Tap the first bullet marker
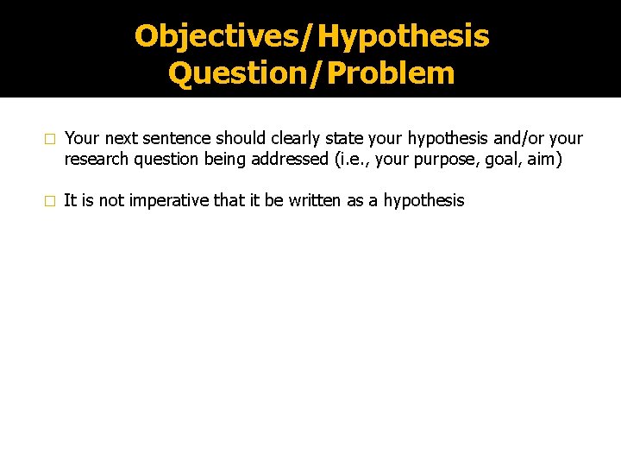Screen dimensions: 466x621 (x=50, y=139)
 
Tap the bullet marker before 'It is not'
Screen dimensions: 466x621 (x=50, y=201)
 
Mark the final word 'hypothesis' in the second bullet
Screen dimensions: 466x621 (x=423, y=201)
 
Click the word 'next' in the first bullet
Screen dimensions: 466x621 (x=122, y=139)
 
